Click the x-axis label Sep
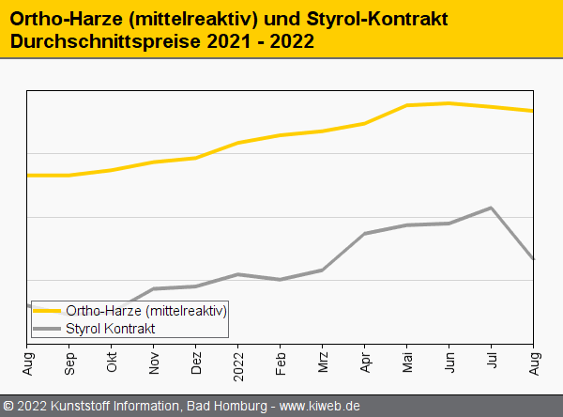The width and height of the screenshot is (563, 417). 69,361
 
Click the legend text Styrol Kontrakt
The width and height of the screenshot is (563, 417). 111,329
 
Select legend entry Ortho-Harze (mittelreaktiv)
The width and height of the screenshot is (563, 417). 146,310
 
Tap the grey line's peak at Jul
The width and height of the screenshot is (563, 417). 492,208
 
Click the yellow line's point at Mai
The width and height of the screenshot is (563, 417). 407,105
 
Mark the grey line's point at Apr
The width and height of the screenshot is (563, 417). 365,233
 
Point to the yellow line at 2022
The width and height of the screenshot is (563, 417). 238,143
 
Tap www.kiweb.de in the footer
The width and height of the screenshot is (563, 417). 320,407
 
